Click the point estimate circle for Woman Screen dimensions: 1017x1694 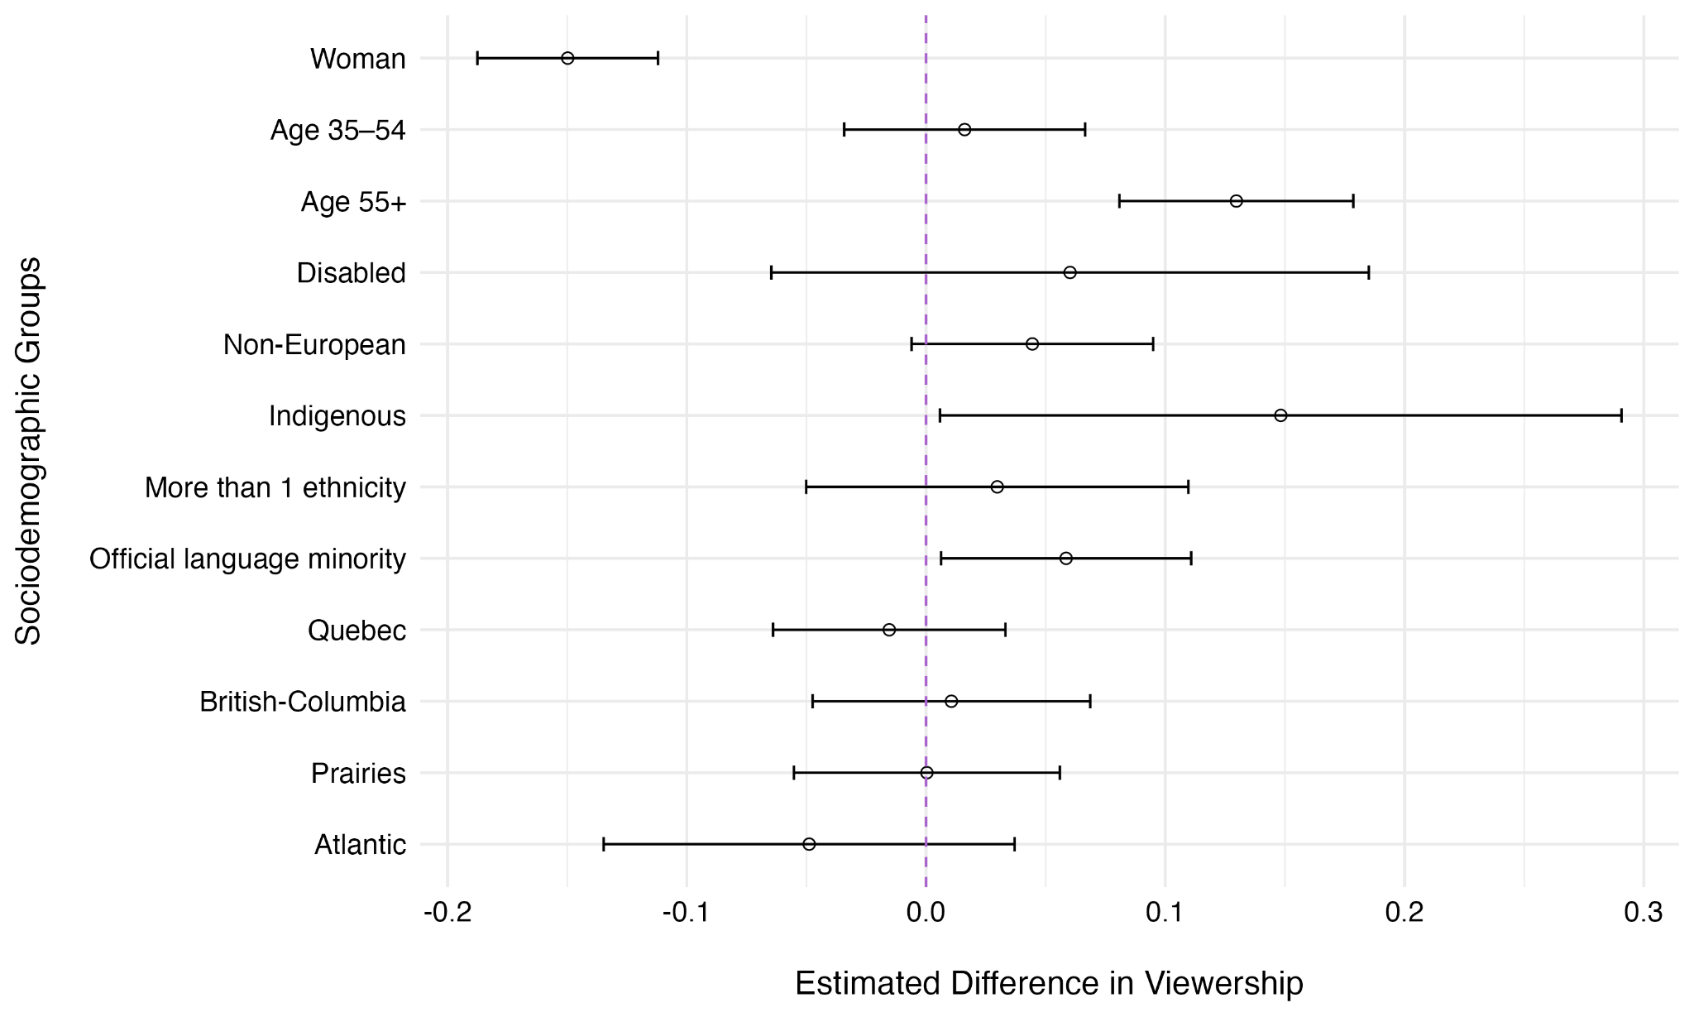(x=567, y=58)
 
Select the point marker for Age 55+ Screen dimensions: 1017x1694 (x=1236, y=201)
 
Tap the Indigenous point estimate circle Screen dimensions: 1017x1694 (x=1280, y=415)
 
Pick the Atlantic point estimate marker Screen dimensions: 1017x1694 (x=809, y=844)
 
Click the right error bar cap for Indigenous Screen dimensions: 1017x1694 (x=1621, y=415)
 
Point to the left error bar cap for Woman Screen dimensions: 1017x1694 (x=477, y=58)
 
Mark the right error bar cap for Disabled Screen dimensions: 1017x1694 (x=1369, y=272)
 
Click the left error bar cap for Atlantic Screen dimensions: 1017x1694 (x=604, y=844)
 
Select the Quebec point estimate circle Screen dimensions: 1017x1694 (x=889, y=630)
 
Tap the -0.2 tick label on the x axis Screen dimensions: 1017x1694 (x=447, y=913)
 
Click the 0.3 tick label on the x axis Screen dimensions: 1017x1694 (x=1643, y=913)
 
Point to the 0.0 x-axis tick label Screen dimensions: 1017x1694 (x=926, y=913)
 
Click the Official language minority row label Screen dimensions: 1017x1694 (x=247, y=559)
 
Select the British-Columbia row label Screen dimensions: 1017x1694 (x=303, y=703)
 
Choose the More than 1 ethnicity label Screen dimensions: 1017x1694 (x=275, y=488)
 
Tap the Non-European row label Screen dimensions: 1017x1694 (x=314, y=345)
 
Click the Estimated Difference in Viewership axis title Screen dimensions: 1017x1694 (x=1049, y=983)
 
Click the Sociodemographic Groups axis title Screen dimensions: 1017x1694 (x=29, y=451)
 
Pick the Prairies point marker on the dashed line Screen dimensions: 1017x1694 (x=926, y=773)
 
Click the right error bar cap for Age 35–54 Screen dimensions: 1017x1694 (x=1085, y=130)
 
